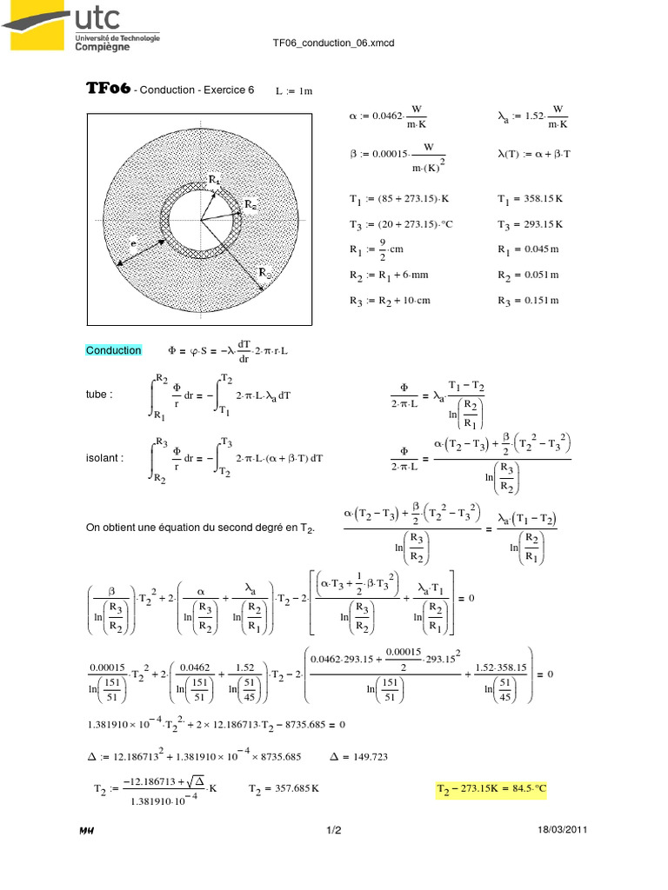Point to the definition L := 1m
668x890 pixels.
tap(293, 90)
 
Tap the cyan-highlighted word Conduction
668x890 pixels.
tap(113, 350)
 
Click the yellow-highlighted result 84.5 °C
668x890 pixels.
tap(491, 789)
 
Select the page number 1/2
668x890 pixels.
tap(333, 830)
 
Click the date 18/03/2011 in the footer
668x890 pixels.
tap(564, 830)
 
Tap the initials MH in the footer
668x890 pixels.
tap(87, 830)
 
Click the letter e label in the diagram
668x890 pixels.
tap(134, 246)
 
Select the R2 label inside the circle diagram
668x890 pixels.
tap(250, 204)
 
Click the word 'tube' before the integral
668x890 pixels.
tap(99, 394)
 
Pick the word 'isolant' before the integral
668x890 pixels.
tap(105, 458)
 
